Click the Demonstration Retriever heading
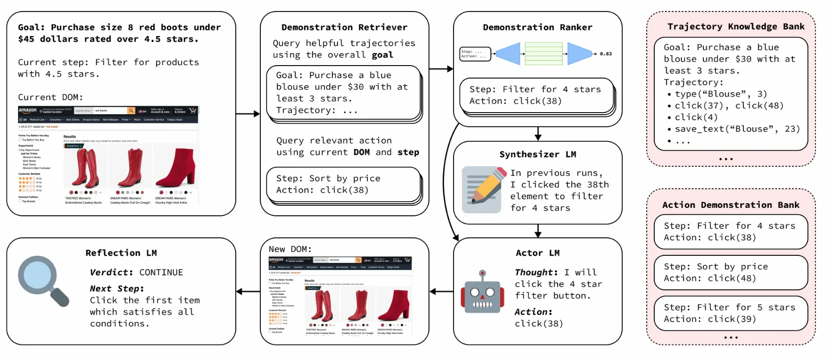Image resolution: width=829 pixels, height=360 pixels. (344, 27)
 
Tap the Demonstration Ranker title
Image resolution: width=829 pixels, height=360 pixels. (537, 27)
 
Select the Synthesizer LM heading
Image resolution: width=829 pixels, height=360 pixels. (537, 154)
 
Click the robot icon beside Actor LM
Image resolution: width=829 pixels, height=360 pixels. (482, 292)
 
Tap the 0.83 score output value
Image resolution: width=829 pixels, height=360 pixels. (606, 54)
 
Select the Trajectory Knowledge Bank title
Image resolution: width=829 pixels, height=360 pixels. (735, 27)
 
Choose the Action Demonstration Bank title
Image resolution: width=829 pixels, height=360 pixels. (730, 205)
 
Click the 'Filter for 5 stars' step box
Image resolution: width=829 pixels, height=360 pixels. (730, 313)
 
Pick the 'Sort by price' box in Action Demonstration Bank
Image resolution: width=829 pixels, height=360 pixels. (730, 272)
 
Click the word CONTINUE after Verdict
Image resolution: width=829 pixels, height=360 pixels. (161, 272)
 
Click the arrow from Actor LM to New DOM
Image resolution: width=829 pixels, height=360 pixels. (441, 291)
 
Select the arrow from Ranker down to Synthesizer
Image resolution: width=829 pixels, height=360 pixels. (538, 134)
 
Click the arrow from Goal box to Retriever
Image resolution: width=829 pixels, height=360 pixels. (248, 114)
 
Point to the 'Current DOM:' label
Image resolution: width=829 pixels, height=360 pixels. (51, 97)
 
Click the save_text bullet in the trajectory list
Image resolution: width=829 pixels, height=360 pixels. (736, 129)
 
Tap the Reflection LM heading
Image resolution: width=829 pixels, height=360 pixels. (121, 253)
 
